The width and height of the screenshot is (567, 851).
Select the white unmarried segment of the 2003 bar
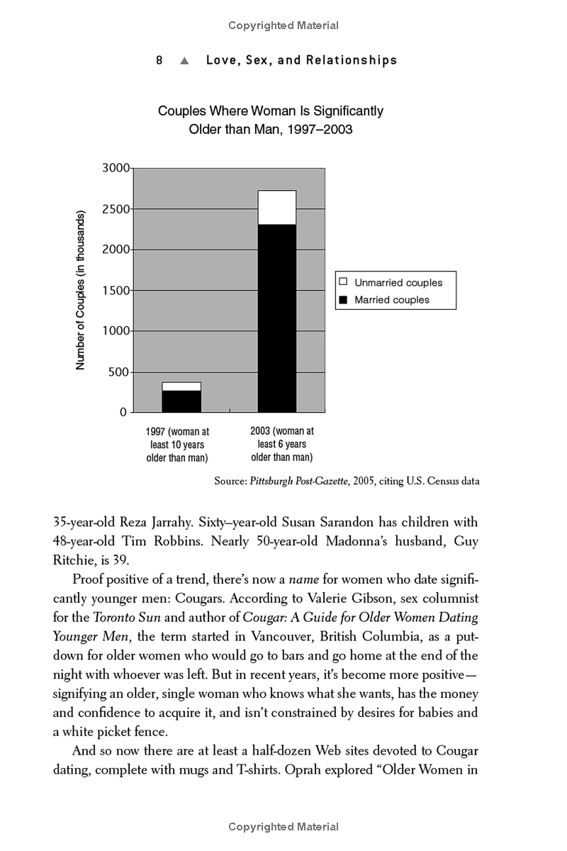click(277, 207)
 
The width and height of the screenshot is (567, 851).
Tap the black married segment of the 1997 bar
click(181, 401)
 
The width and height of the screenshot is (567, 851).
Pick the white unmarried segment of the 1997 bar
click(181, 386)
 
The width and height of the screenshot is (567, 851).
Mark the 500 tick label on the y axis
click(120, 372)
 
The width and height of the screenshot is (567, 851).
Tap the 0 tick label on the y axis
click(123, 412)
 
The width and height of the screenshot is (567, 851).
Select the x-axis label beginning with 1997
click(177, 445)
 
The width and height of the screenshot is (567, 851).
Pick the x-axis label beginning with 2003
click(282, 444)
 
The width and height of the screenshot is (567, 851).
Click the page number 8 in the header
click(159, 60)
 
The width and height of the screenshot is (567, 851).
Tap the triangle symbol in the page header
click(184, 61)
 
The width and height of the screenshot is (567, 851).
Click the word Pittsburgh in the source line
click(275, 481)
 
